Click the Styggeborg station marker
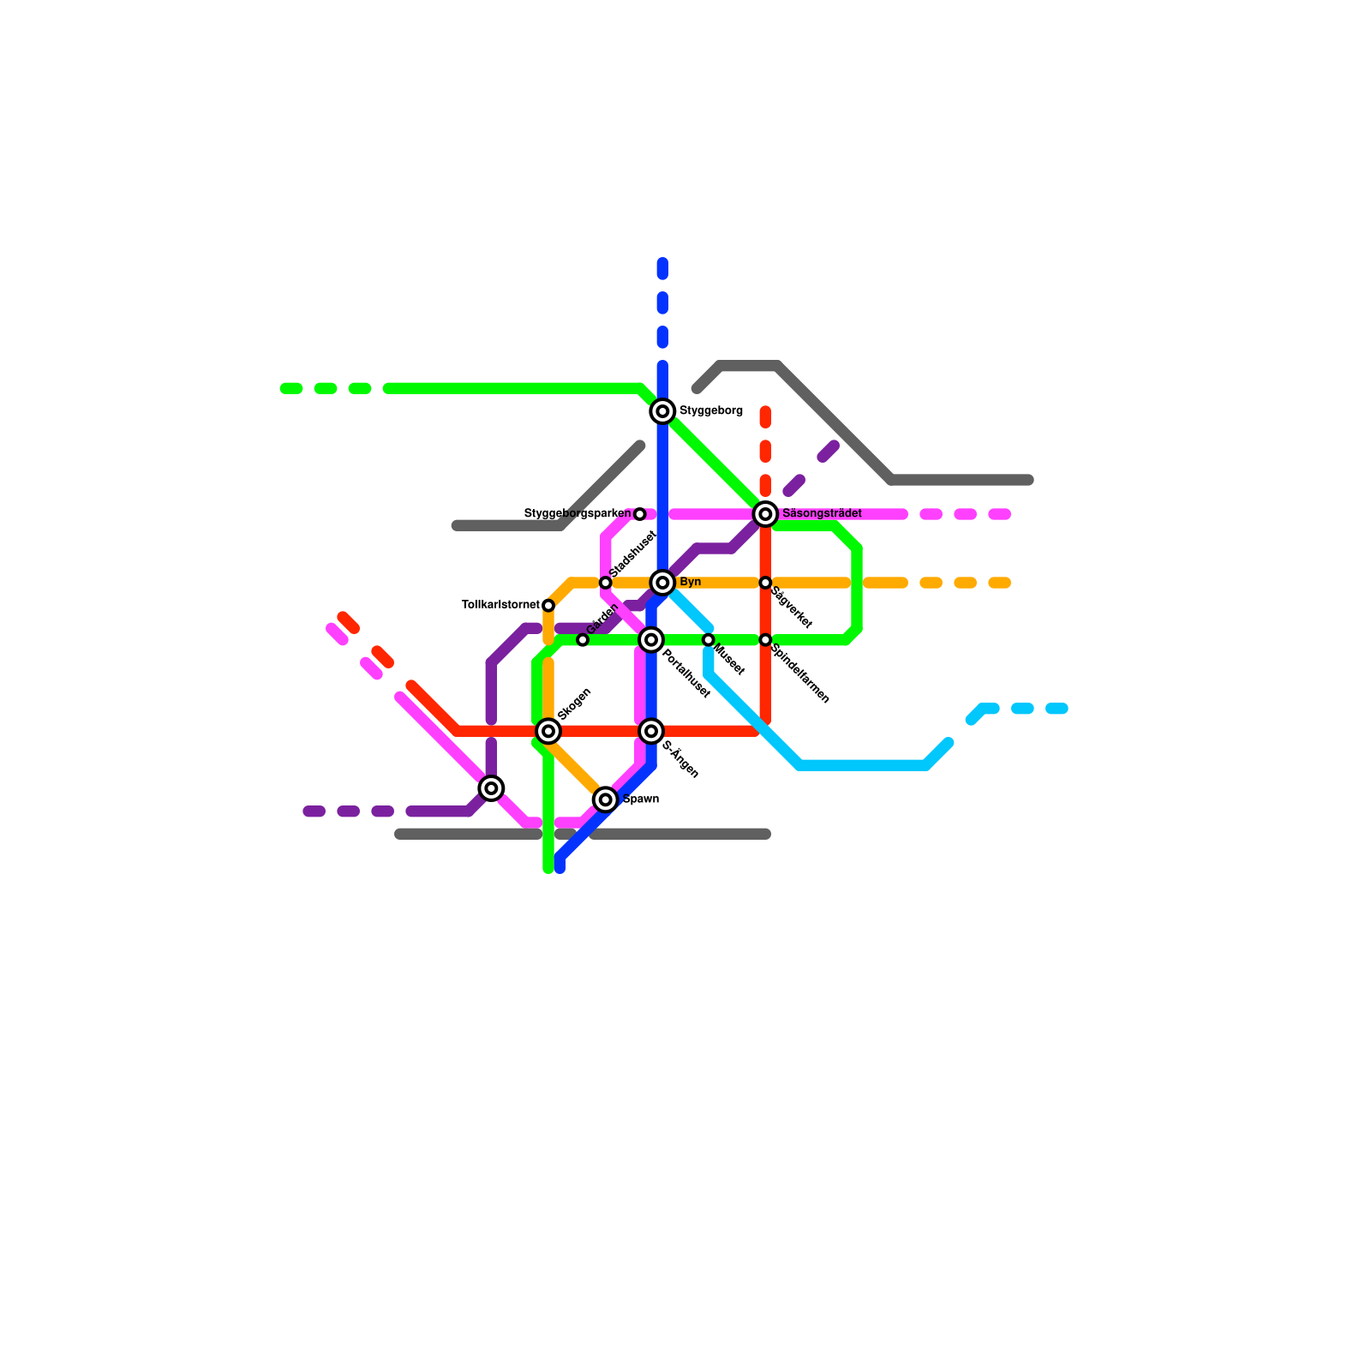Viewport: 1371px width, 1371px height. point(662,411)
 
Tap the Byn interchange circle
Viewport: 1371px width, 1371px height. point(662,583)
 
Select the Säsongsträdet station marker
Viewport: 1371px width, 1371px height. point(765,514)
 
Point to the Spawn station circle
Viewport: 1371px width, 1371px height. point(606,799)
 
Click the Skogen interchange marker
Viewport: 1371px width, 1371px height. point(548,731)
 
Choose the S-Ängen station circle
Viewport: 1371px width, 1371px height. point(651,731)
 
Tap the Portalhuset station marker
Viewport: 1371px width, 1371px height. point(651,640)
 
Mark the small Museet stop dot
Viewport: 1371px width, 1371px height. point(709,640)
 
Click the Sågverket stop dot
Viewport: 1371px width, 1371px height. point(765,583)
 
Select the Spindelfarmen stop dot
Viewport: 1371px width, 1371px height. point(765,640)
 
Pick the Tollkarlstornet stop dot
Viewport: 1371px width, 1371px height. point(548,606)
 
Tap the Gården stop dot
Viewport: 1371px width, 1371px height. point(583,640)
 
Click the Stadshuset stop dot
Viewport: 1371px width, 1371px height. point(606,583)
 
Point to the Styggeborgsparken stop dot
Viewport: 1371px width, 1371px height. point(640,514)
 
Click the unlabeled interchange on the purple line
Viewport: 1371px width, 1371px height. point(491,788)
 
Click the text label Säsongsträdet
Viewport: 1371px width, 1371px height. point(822,513)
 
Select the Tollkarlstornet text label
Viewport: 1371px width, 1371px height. point(500,605)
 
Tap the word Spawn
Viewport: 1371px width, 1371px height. point(641,799)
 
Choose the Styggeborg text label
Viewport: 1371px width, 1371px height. point(711,411)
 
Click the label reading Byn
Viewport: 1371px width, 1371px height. point(691,583)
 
